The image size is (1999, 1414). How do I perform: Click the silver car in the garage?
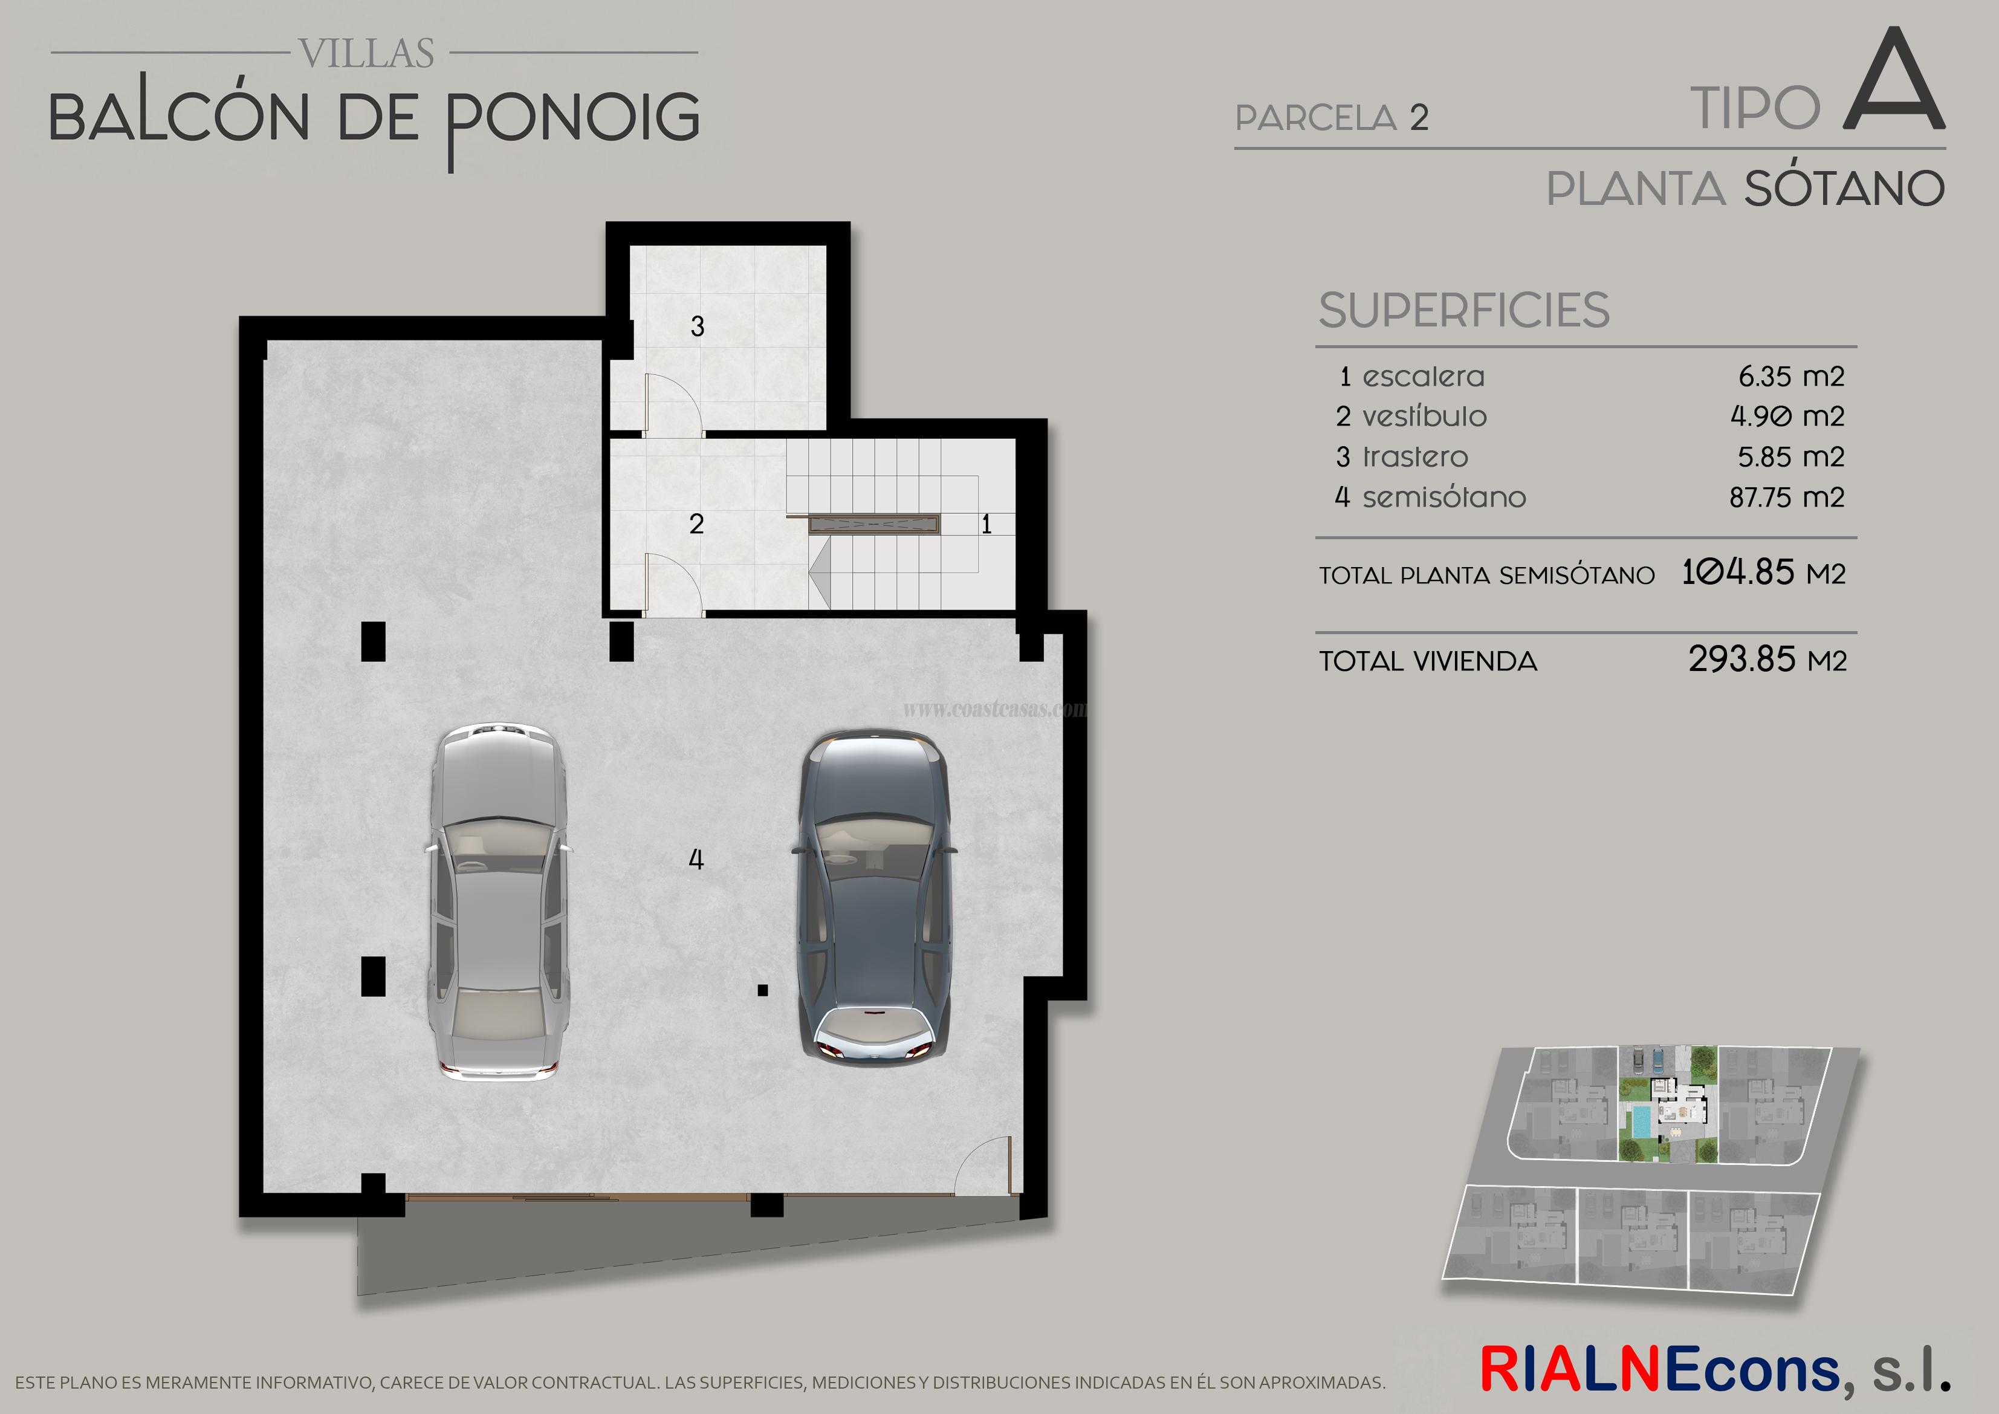[499, 902]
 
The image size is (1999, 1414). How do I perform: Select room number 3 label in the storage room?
[698, 326]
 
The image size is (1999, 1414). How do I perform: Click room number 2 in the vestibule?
[696, 524]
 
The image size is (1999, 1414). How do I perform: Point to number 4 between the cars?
[696, 860]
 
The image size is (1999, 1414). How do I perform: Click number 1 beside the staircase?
[987, 524]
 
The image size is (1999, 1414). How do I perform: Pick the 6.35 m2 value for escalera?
[1791, 377]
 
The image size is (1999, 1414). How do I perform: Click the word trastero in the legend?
[1415, 457]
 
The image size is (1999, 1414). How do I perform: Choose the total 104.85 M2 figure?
[1763, 573]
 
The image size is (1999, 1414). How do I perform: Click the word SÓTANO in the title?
[1844, 189]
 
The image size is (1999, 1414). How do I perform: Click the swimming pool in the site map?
[1639, 1121]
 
